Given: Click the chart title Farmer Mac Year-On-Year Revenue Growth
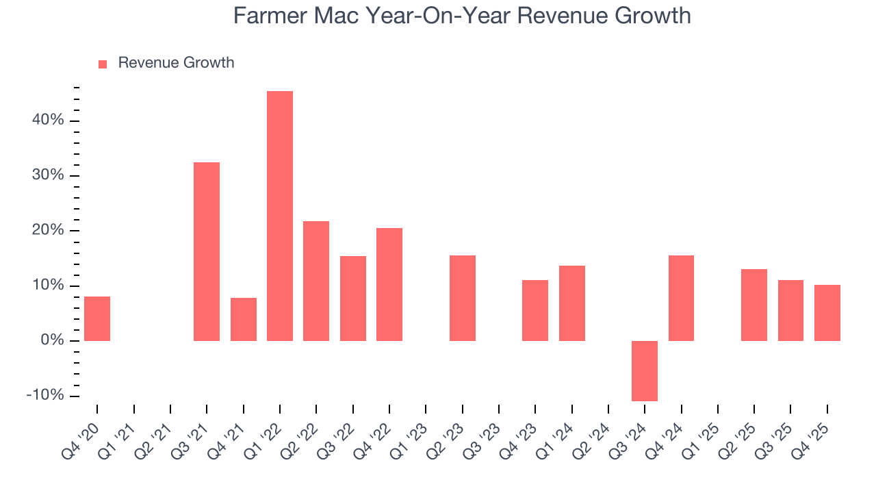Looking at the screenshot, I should point(462,15).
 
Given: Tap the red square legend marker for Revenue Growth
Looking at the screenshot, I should point(103,64).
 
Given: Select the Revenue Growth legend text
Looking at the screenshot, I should point(176,63).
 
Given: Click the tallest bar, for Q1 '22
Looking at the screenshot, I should point(280,216).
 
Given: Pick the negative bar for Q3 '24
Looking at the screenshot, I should point(644,370).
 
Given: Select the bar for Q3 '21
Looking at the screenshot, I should point(207,251).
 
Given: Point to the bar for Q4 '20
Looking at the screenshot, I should point(97,318).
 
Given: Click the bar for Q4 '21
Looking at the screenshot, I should point(244,319).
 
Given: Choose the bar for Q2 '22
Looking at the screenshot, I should point(316,281).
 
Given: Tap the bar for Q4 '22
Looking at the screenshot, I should point(389,284).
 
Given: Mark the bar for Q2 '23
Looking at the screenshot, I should point(463,298).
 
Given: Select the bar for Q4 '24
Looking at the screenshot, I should point(681,298).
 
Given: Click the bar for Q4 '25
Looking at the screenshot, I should point(827,312).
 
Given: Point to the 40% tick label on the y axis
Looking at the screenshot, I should point(47,121).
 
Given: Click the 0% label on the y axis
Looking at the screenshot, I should point(51,340).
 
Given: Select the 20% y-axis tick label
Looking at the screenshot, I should point(47,231).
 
